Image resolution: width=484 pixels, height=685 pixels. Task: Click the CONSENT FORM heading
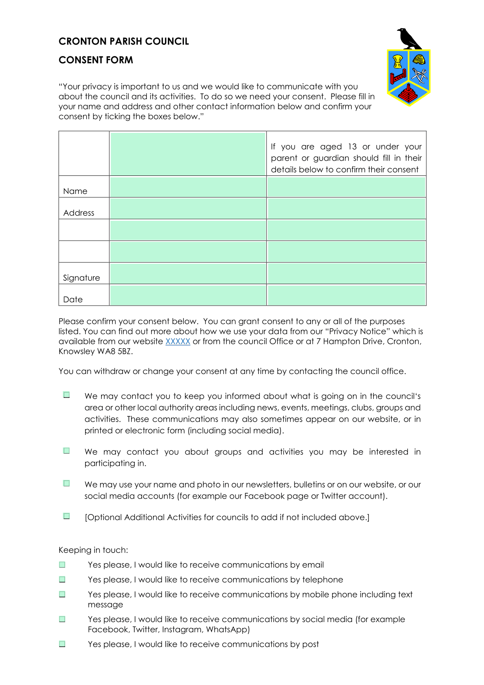pos(96,60)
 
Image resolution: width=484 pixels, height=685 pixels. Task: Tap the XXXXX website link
pos(178,342)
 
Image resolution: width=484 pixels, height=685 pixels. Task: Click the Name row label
pos(75,191)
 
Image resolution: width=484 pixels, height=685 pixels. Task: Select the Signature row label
pos(82,278)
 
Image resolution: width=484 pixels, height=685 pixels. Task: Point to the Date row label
pos(73,300)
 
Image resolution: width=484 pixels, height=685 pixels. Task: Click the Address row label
pos(79,213)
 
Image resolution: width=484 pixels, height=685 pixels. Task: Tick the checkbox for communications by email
pos(62,565)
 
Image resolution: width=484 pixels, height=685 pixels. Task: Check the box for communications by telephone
pos(62,579)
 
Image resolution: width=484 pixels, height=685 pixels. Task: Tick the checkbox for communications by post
pos(62,644)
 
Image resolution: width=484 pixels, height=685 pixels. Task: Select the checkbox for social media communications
pos(62,619)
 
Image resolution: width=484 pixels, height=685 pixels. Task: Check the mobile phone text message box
pos(62,594)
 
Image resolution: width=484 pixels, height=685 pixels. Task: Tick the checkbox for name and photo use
pos(67,484)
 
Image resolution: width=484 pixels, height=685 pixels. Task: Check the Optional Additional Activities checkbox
pos(67,517)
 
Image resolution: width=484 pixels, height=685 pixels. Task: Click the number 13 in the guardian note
pos(352,147)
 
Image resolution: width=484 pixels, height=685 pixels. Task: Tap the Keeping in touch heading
pos(93,550)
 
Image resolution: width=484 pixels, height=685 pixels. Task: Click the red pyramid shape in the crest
pos(408,94)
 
